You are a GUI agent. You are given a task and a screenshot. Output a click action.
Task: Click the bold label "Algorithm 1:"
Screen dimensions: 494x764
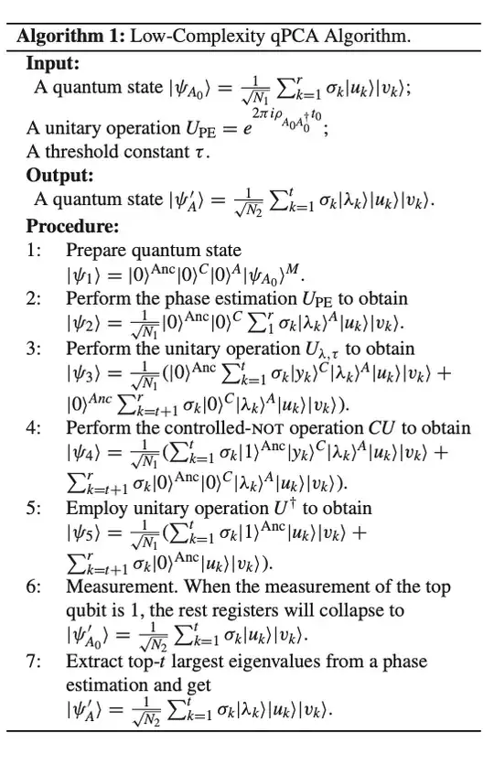70,38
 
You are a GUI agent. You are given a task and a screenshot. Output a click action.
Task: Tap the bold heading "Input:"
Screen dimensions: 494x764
53,63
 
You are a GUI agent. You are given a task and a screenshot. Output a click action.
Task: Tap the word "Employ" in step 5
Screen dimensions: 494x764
92,508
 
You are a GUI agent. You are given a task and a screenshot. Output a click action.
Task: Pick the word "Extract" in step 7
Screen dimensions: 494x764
91,661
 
